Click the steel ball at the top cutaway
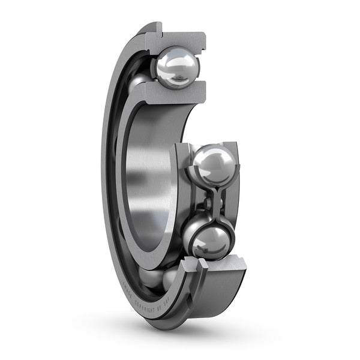[x=176, y=68]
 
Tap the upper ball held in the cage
[x=215, y=166]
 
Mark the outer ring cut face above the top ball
[x=180, y=38]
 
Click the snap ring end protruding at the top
[x=152, y=27]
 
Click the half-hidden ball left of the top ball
[x=138, y=81]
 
